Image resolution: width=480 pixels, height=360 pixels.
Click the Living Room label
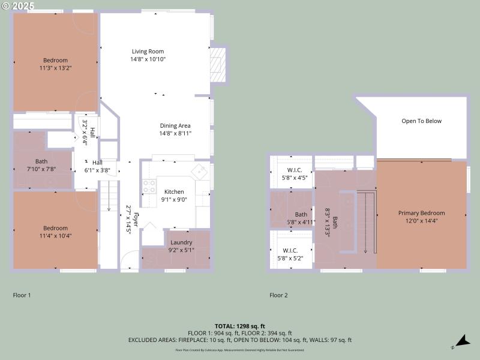coord(148,52)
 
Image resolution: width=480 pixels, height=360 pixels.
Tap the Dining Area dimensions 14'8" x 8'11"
coord(175,134)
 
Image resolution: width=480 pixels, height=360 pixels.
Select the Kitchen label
coord(175,192)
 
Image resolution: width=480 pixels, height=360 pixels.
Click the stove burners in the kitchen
coord(148,186)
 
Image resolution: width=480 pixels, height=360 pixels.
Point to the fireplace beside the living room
coord(218,64)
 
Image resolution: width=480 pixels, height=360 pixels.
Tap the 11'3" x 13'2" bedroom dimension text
coord(55,68)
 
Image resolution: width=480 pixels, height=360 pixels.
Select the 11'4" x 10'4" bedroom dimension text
coord(55,236)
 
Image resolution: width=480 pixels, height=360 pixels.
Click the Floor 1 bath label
coord(41,161)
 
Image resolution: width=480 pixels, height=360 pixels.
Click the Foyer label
coord(136,219)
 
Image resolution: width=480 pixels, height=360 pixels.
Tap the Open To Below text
coord(421,121)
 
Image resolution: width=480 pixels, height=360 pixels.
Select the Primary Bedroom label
coord(421,213)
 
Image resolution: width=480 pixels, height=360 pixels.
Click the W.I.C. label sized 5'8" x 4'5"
coord(294,170)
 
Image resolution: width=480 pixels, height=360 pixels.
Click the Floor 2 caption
coord(278,295)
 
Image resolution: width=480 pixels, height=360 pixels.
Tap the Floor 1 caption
coord(22,295)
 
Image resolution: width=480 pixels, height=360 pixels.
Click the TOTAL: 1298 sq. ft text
coord(239,326)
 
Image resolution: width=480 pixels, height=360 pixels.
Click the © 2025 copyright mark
coord(18,5)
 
